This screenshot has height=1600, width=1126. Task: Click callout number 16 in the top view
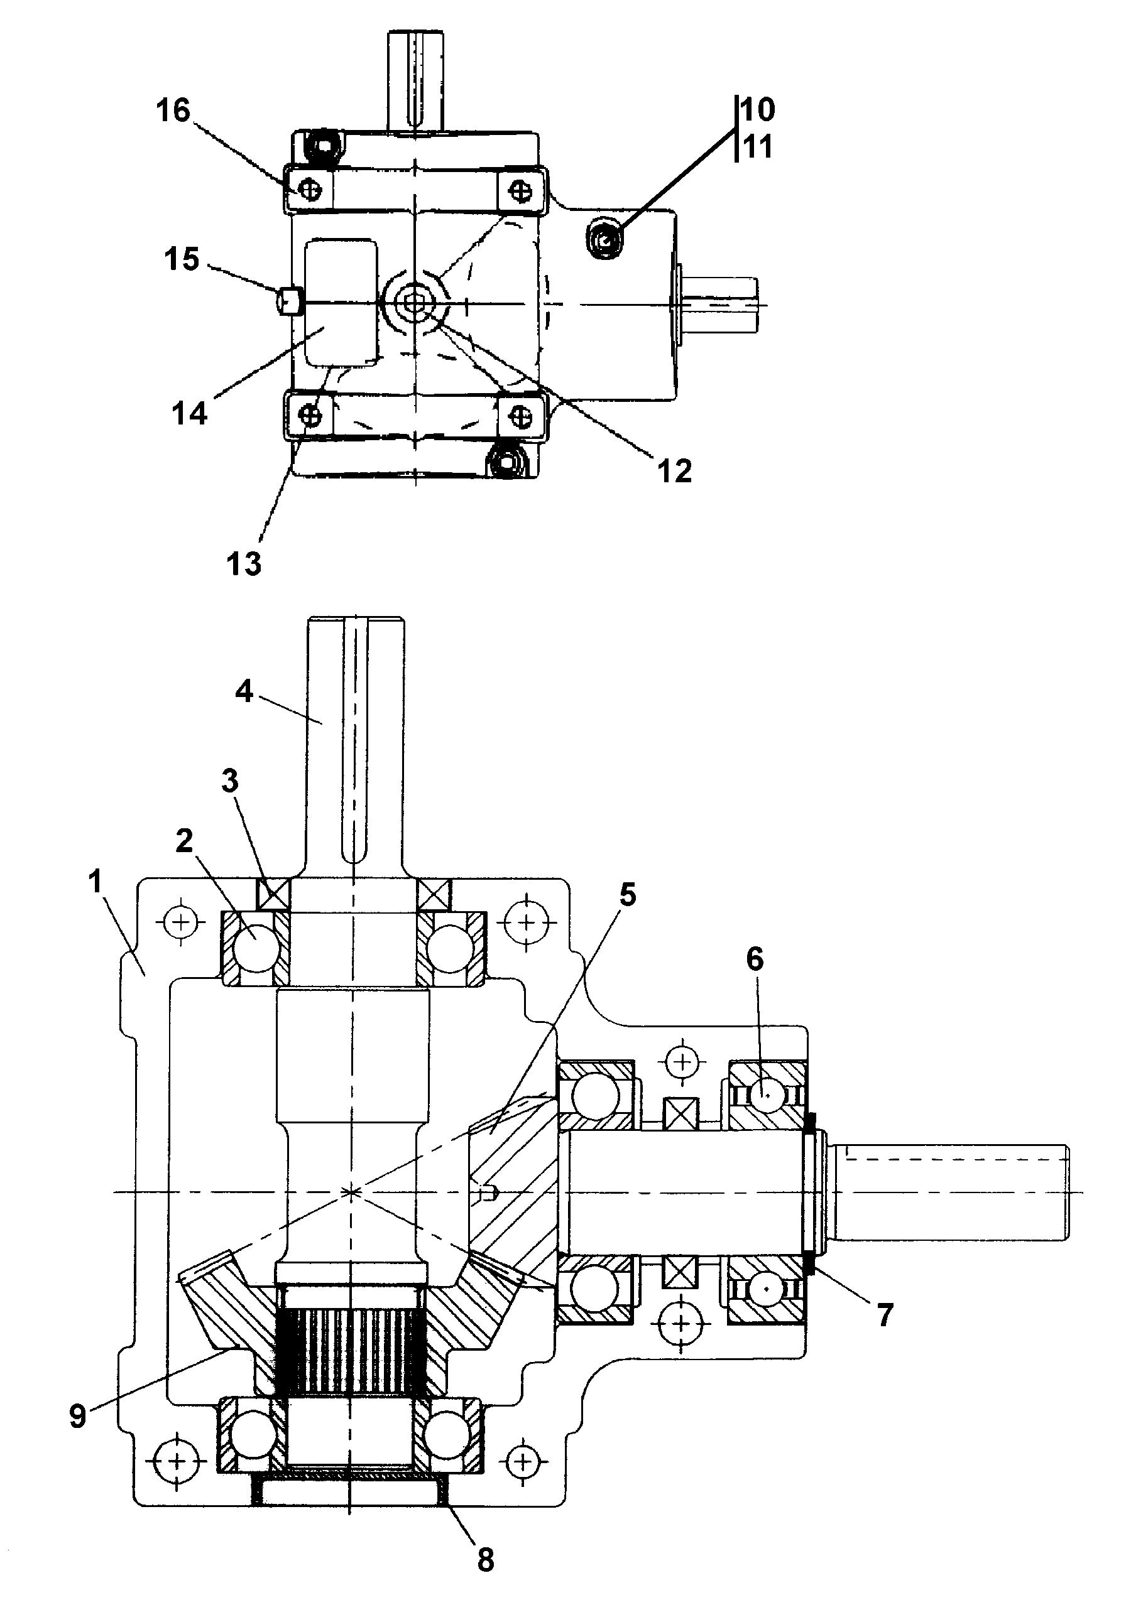pos(173,111)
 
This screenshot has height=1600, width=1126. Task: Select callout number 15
pos(182,259)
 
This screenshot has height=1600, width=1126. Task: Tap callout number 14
pos(190,413)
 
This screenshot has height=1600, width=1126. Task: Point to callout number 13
pos(243,563)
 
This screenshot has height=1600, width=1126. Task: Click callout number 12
pos(674,471)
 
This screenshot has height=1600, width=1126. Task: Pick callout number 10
pos(758,110)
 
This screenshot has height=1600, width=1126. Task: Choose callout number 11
pos(758,147)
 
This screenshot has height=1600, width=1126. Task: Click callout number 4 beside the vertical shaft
pos(243,692)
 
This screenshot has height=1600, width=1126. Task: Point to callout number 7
pos(884,1315)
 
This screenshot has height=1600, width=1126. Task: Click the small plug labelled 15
pos(289,302)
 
